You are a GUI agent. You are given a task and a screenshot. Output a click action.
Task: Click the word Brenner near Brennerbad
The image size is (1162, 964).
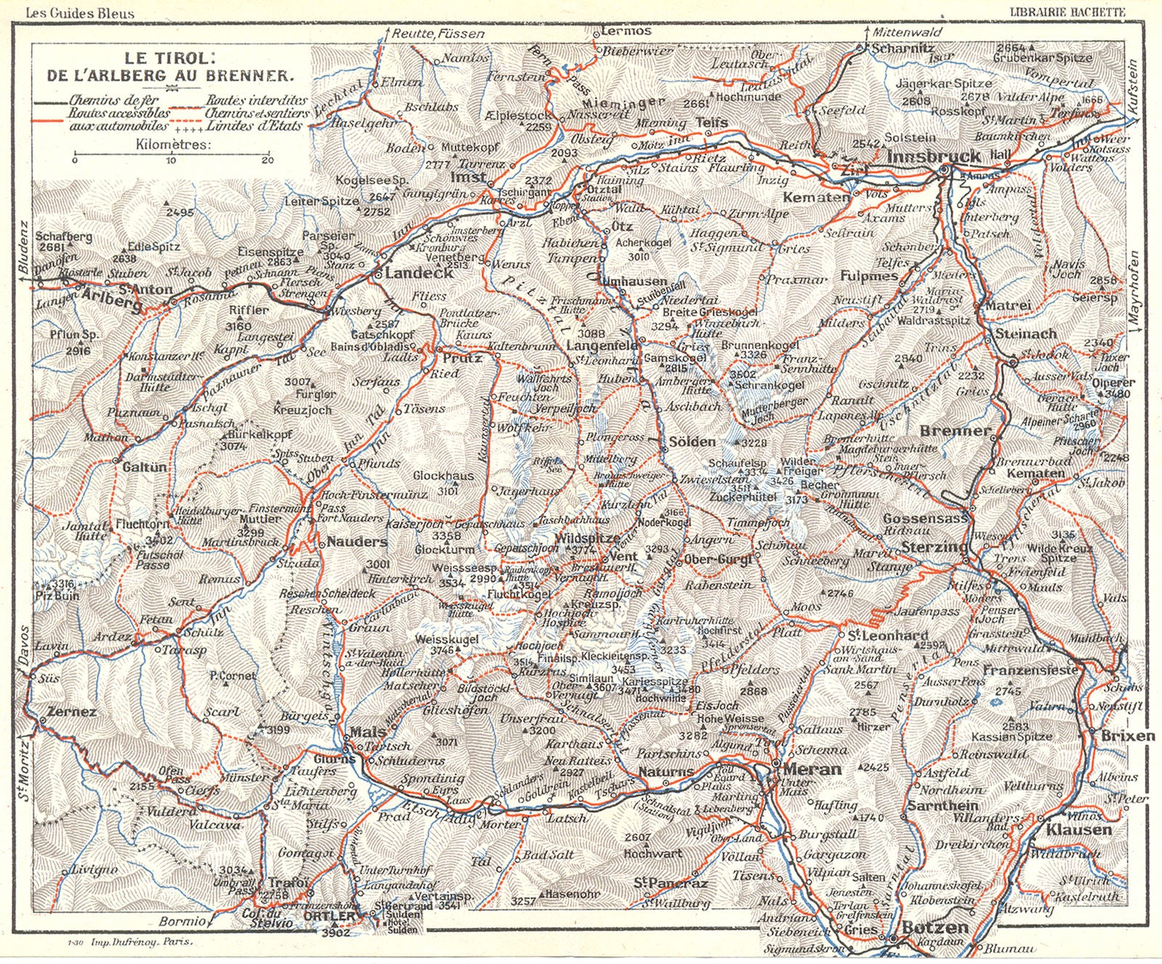point(955,431)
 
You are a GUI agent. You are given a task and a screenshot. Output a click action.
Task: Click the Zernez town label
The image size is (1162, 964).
point(71,712)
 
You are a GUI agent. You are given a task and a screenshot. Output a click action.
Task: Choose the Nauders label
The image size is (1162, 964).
point(357,542)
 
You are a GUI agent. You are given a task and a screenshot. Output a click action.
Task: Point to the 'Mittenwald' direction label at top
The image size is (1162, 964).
point(907,33)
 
